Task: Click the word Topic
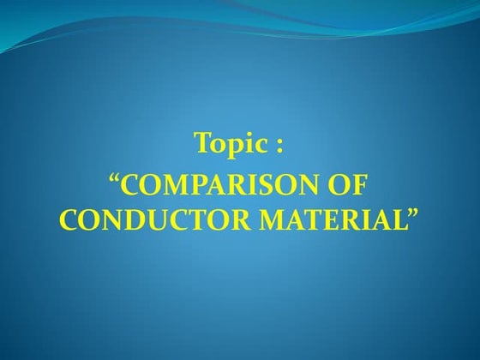[x=227, y=143]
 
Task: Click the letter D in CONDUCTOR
[x=120, y=219]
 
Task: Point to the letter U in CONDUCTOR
[x=141, y=219]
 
